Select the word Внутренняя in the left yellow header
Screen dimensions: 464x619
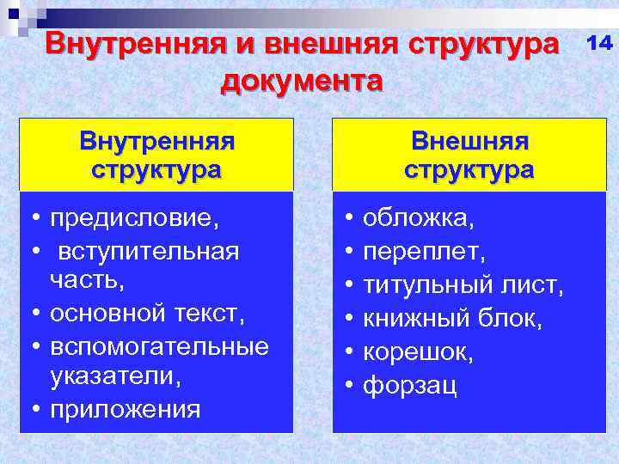(x=156, y=139)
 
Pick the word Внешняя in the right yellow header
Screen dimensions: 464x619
(x=469, y=139)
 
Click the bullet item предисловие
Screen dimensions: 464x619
(x=134, y=217)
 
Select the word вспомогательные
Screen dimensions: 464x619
(x=159, y=345)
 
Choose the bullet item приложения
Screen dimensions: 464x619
(x=126, y=408)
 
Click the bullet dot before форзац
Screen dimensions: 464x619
(x=348, y=386)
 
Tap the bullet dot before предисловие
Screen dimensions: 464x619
(x=31, y=217)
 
